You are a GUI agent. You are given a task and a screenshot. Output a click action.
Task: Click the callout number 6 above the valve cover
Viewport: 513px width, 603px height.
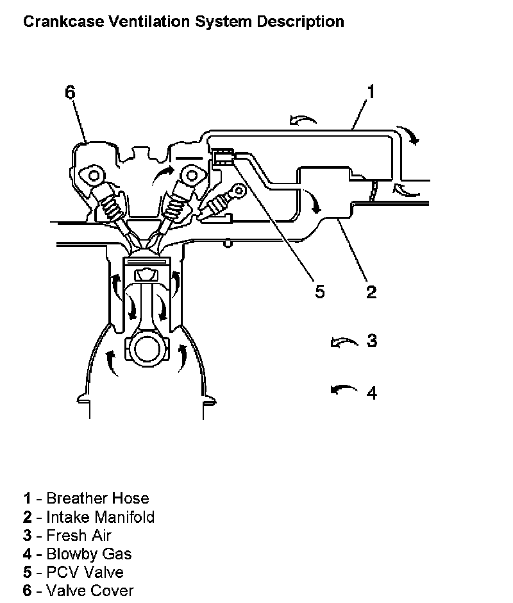[70, 92]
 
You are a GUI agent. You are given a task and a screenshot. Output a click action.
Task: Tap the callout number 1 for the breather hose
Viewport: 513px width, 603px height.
[370, 92]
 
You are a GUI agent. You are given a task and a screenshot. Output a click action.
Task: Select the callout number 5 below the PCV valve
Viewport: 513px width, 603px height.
[319, 291]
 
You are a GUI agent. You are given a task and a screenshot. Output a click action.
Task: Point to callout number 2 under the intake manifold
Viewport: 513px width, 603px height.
[371, 292]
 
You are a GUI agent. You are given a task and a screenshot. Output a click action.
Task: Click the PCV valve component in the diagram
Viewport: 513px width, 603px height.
[223, 156]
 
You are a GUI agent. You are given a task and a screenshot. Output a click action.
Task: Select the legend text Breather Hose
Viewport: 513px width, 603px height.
[97, 498]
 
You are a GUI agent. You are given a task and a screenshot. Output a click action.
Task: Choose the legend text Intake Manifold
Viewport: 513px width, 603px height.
[100, 516]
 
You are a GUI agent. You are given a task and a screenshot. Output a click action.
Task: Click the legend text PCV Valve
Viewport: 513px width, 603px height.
[85, 572]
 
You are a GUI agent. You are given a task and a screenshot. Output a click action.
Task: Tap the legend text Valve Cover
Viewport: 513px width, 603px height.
[90, 591]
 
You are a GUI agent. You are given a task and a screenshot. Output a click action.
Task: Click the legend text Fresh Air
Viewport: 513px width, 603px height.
[79, 535]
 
